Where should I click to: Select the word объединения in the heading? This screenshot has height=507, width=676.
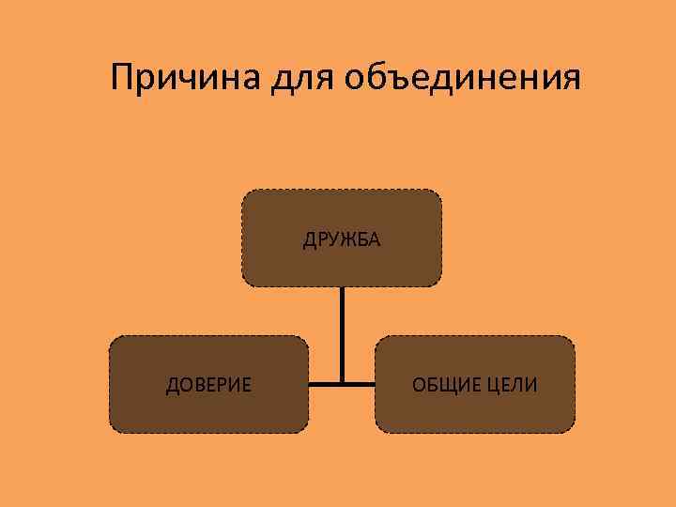(x=463, y=80)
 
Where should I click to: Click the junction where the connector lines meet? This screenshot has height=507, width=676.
(x=342, y=383)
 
